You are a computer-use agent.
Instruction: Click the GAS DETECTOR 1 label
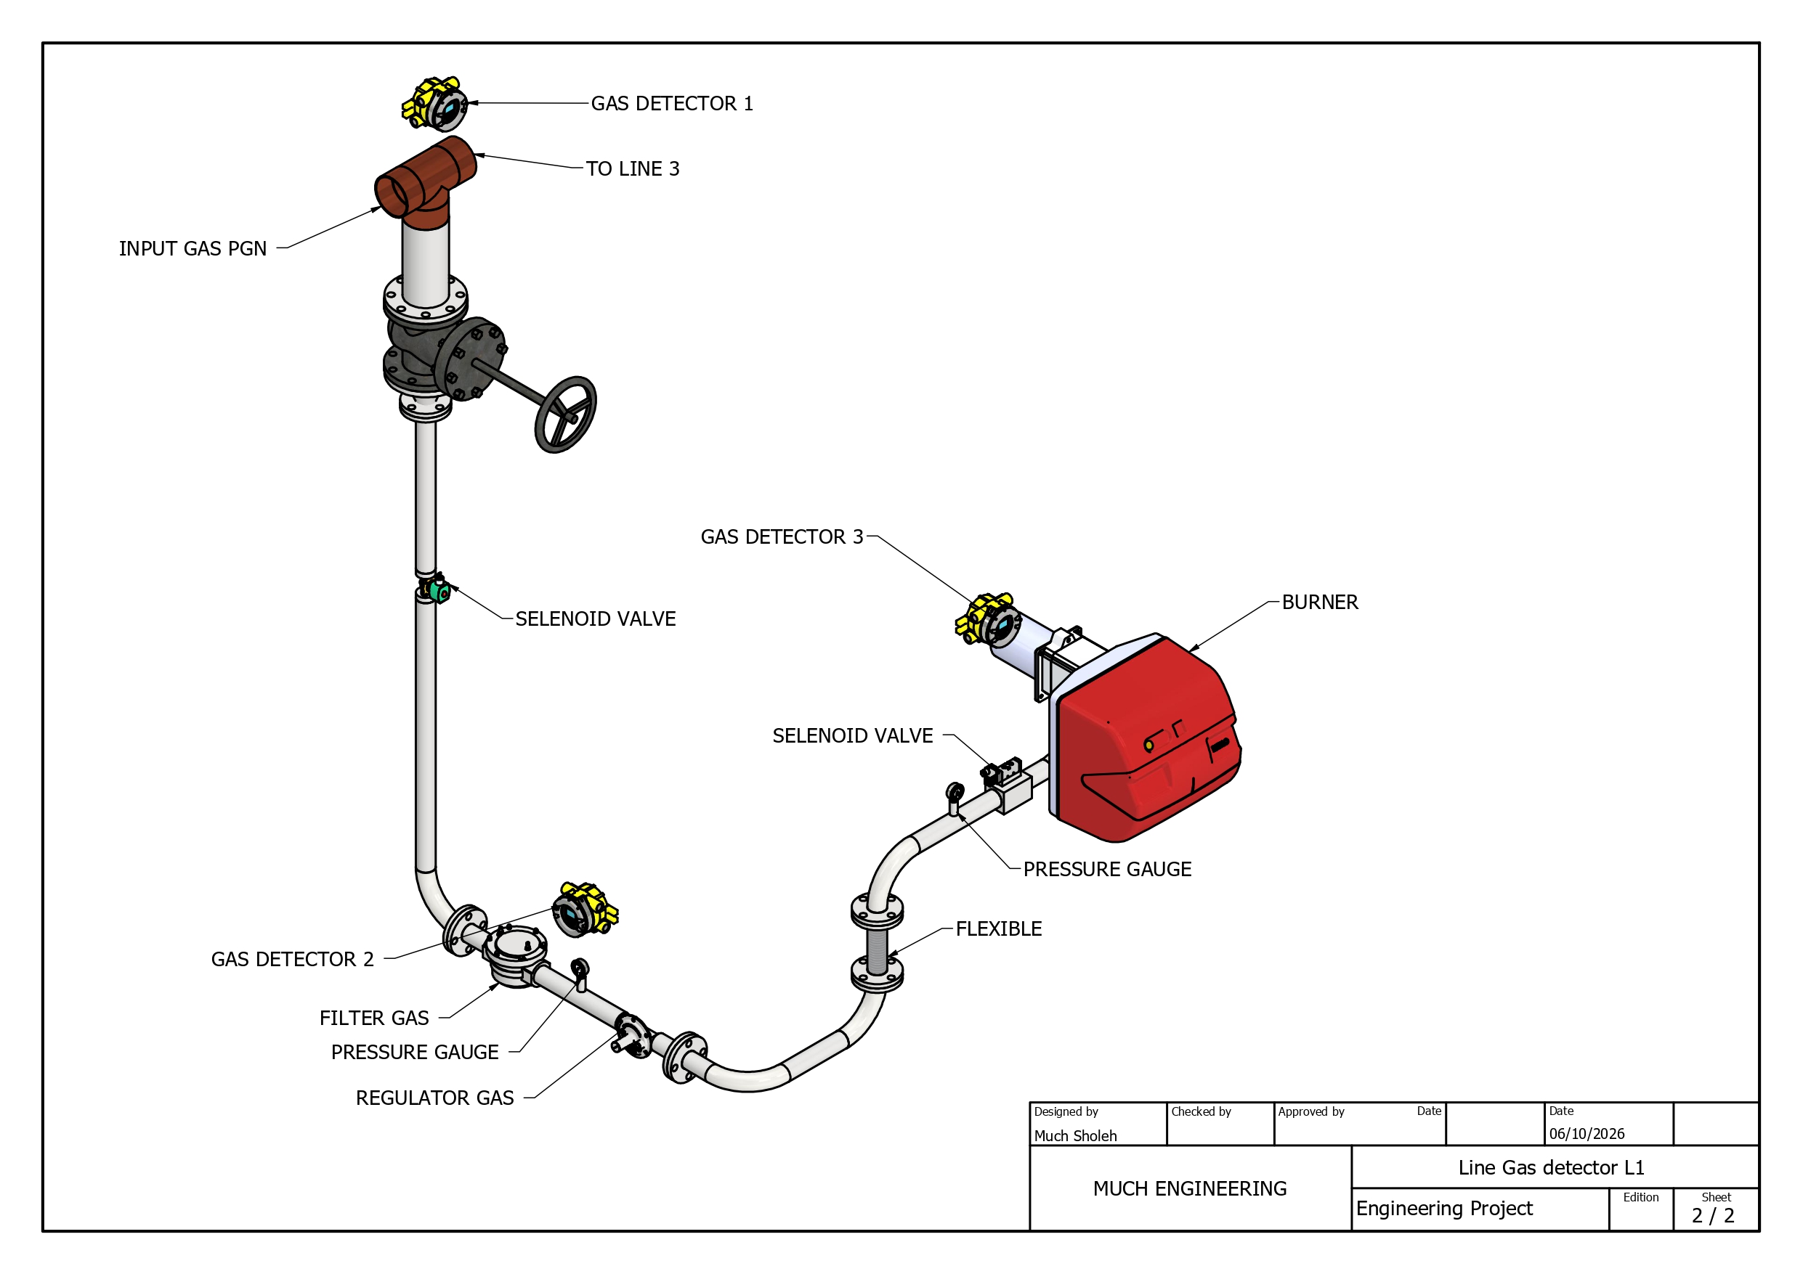(671, 104)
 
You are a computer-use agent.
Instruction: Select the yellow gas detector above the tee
(434, 104)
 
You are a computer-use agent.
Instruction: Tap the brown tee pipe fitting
(425, 181)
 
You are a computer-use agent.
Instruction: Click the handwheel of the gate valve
(565, 414)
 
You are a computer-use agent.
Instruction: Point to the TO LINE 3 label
(632, 168)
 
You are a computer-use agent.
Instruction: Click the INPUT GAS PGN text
(193, 249)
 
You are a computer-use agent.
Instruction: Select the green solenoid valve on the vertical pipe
(437, 589)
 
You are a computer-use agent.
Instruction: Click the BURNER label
(1319, 602)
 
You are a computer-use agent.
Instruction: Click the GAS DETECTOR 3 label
(782, 537)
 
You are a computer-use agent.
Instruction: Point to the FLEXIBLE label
(998, 928)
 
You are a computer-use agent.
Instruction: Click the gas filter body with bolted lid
(515, 955)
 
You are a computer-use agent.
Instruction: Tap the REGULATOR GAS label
(434, 1098)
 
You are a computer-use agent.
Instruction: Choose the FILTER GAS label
(374, 1018)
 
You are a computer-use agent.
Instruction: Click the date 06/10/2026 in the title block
(1587, 1133)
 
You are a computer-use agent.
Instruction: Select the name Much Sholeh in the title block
(1075, 1136)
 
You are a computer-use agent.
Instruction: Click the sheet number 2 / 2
(1713, 1216)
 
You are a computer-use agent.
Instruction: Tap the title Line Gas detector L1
(1551, 1168)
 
